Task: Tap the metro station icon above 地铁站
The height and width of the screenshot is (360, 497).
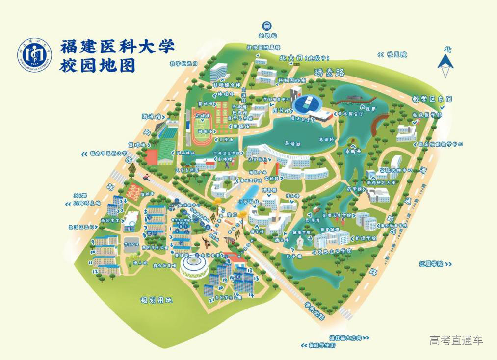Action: (267, 26)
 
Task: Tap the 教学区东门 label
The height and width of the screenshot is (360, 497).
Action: (432, 99)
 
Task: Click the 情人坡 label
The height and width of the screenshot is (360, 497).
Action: (141, 263)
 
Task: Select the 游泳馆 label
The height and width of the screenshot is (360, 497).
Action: (152, 117)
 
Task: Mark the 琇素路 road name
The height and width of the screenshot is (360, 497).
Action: (330, 73)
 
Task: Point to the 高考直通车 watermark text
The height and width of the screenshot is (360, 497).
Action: (456, 340)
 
